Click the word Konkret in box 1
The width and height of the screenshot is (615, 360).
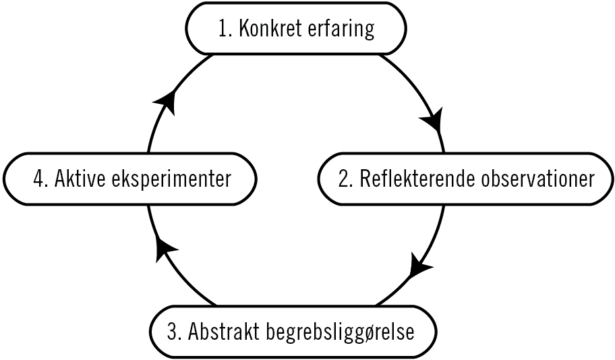pos(269,30)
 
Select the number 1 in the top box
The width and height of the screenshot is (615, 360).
pos(222,30)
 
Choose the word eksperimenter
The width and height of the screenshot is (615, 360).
pos(172,179)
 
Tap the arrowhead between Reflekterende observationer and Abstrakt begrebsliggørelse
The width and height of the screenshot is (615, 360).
pos(421,265)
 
